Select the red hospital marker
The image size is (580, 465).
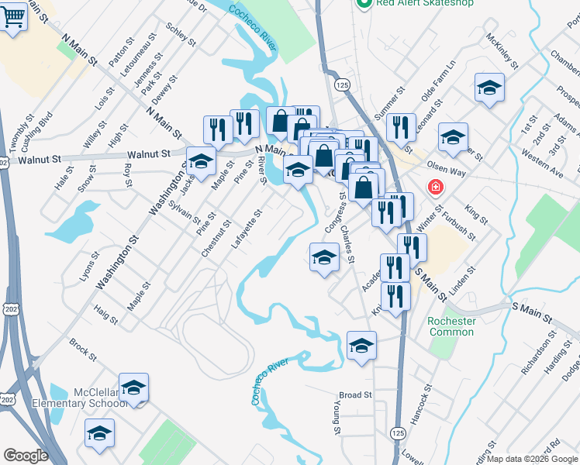(x=436, y=188)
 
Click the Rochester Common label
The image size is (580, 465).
(x=451, y=327)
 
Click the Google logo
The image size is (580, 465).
(x=26, y=456)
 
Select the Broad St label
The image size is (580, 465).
(x=356, y=394)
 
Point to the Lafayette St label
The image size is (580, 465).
(x=247, y=229)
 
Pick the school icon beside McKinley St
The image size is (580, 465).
(x=489, y=88)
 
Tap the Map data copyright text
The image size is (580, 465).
(x=531, y=459)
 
